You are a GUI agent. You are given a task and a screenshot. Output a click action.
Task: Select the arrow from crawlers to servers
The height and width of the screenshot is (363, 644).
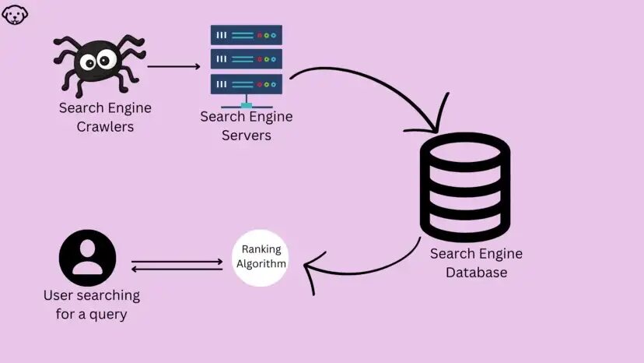click(173, 66)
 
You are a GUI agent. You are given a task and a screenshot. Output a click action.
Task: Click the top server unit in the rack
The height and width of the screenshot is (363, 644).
click(246, 35)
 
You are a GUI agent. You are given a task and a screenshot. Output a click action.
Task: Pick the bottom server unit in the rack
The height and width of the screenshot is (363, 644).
click(246, 83)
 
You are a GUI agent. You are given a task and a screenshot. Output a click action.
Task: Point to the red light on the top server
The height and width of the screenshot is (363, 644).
click(259, 35)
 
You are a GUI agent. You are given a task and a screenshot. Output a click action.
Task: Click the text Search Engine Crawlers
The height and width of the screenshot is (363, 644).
click(105, 117)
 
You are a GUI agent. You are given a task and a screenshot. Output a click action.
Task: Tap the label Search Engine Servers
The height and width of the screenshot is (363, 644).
click(246, 125)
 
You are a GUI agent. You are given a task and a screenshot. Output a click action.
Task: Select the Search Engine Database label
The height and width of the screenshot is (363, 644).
click(476, 263)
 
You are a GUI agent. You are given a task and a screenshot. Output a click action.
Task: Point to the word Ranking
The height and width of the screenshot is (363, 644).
click(261, 249)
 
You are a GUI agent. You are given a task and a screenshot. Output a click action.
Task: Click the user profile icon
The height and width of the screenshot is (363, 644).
click(88, 256)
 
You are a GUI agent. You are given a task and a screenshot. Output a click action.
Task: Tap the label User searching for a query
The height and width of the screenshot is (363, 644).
click(92, 305)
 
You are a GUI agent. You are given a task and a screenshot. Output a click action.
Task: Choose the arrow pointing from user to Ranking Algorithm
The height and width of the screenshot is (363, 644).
click(177, 262)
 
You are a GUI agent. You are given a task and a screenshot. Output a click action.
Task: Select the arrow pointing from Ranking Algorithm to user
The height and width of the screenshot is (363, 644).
click(177, 270)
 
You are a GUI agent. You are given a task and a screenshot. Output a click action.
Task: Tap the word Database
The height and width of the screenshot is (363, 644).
click(476, 272)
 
